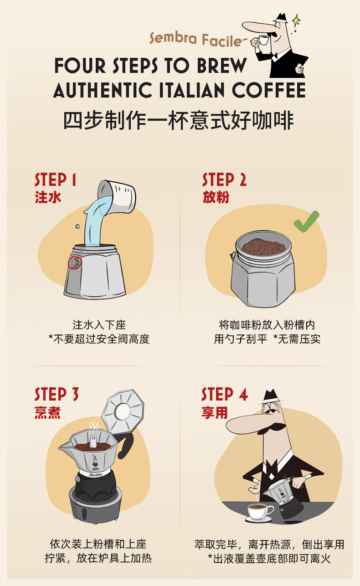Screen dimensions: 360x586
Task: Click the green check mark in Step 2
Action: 306,221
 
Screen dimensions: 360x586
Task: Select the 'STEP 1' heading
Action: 56,180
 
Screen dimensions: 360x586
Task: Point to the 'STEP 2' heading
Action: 224,180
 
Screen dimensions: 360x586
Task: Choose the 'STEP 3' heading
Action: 57,394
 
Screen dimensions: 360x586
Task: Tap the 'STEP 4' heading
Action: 225,394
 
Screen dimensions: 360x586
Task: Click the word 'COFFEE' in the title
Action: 269,90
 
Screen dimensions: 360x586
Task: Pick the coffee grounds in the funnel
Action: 263,247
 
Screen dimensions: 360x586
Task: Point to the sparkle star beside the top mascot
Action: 296,21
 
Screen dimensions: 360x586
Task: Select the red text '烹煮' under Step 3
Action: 47,413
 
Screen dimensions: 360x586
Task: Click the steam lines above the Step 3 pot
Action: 94,426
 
